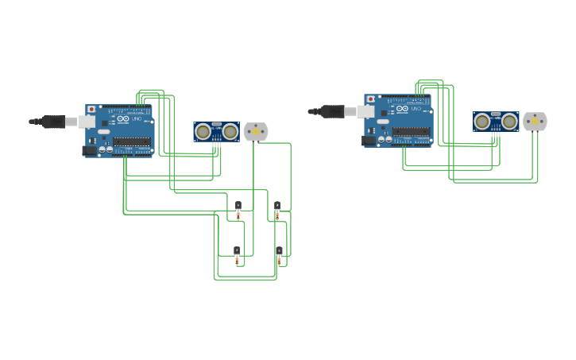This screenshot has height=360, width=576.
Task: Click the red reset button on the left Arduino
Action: (91, 109)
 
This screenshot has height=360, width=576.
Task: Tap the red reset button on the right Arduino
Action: (370, 99)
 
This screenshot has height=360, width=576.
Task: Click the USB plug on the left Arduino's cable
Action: (54, 122)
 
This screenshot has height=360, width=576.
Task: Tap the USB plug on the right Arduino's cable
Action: (333, 111)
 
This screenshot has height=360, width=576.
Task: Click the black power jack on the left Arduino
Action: (89, 149)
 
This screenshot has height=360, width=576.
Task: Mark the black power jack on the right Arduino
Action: (368, 140)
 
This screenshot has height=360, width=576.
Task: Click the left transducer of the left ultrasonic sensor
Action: (203, 131)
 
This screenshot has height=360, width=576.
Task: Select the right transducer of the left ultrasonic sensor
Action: (230, 131)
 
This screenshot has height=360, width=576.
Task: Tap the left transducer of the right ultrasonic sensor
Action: (482, 121)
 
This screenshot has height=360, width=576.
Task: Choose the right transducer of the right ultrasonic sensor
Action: (508, 121)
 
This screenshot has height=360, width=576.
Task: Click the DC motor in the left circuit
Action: (256, 132)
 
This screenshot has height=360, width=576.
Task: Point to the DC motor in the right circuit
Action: (535, 122)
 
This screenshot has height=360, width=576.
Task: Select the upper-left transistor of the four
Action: (238, 206)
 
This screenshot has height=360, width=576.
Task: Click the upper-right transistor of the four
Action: (277, 206)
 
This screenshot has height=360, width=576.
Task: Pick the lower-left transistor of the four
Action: (237, 251)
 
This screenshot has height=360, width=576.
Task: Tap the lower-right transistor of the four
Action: (278, 251)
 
